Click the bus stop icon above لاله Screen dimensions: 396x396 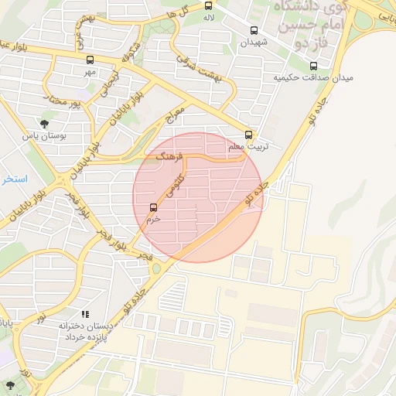208,5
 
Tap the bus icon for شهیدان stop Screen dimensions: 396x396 254,31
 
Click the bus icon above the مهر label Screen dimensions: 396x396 90,60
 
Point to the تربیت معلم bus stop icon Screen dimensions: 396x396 248,133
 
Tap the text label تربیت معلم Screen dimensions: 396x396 247,146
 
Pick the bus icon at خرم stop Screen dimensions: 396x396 153,207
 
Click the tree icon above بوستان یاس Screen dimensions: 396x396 43,123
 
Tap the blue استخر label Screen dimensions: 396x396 13,179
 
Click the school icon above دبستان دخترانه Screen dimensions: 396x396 85,314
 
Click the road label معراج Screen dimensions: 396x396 176,118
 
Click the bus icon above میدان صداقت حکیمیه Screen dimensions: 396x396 313,66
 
